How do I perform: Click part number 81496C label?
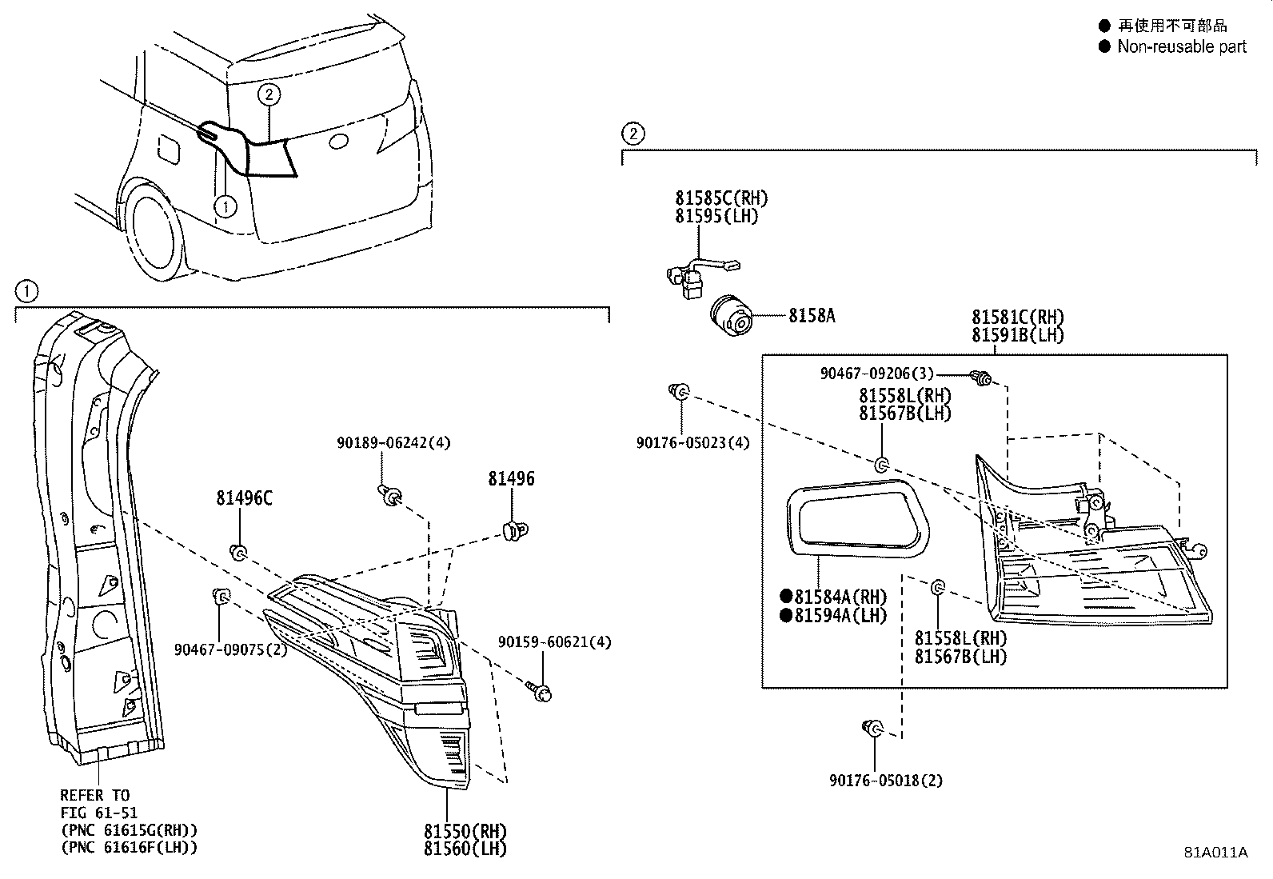(x=244, y=498)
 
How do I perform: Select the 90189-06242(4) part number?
(x=393, y=442)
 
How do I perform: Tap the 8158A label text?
(x=812, y=316)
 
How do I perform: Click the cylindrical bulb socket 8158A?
(x=731, y=318)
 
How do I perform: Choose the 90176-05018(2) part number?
(x=886, y=781)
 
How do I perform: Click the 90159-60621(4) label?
(x=554, y=642)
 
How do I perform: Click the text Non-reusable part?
(x=1181, y=46)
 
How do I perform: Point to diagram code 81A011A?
(x=1215, y=852)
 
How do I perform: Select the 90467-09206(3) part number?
(x=876, y=374)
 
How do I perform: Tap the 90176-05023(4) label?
(x=692, y=442)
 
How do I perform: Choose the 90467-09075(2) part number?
(x=230, y=649)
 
